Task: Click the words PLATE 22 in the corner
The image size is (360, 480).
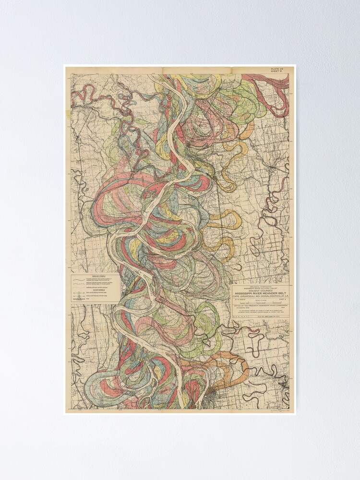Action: pyautogui.click(x=277, y=69)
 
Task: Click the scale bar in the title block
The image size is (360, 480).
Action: pyautogui.click(x=261, y=303)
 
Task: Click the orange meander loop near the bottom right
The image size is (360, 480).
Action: pyautogui.click(x=238, y=367)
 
